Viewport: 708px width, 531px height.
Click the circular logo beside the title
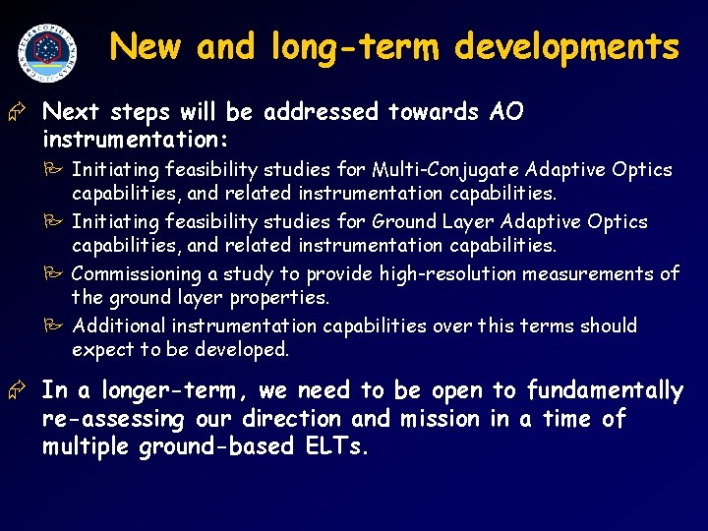[47, 50]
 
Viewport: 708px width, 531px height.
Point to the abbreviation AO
[506, 112]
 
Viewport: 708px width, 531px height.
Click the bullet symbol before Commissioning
[59, 273]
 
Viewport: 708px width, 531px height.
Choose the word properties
[282, 297]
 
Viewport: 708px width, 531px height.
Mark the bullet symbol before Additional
[59, 325]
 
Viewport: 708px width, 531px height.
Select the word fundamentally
[605, 390]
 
